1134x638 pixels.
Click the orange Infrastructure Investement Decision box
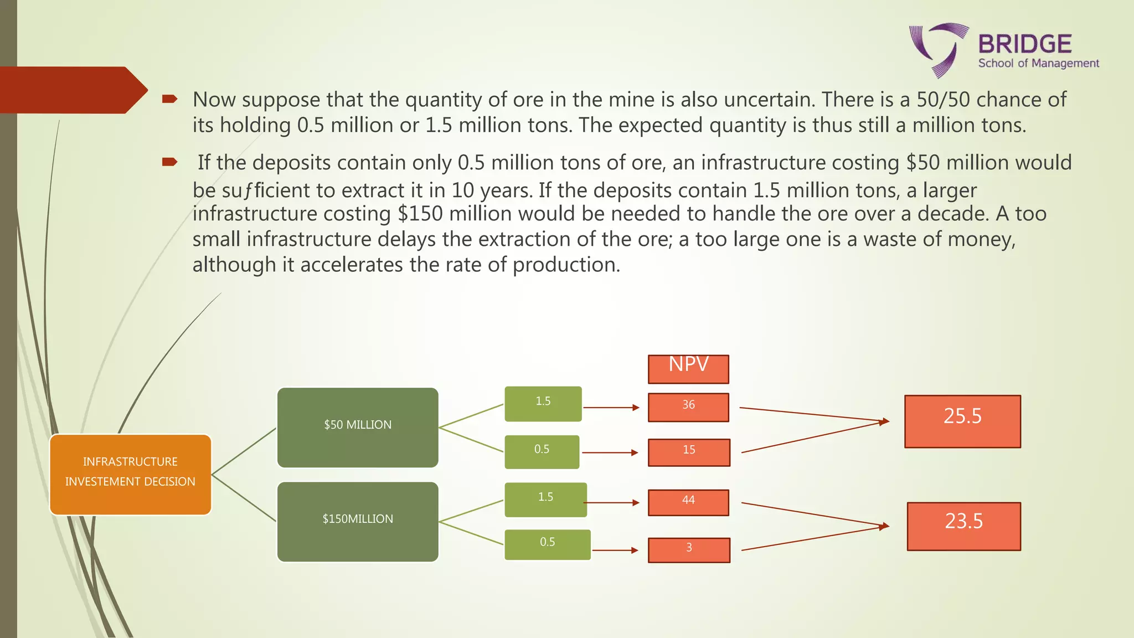pos(131,475)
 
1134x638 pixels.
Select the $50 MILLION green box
pos(358,427)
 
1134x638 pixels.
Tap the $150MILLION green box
pos(358,522)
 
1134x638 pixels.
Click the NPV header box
pos(688,369)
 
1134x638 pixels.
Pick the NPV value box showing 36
pos(688,407)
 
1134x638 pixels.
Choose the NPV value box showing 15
pos(689,452)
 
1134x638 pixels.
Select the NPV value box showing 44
pos(688,502)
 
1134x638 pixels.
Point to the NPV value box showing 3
pos(689,550)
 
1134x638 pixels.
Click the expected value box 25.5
pos(962,421)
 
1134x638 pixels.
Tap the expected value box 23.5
pos(963,526)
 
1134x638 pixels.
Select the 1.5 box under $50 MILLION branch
pos(543,403)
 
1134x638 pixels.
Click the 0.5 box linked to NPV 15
pos(542,451)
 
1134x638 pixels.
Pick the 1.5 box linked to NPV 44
pos(545,500)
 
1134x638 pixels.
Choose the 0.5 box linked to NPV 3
pos(547,544)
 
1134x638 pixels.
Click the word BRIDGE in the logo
pos(1025,44)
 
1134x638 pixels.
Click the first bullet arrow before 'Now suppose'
pos(169,99)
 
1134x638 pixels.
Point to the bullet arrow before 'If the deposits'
pos(169,162)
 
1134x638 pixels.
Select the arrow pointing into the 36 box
pos(611,408)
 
